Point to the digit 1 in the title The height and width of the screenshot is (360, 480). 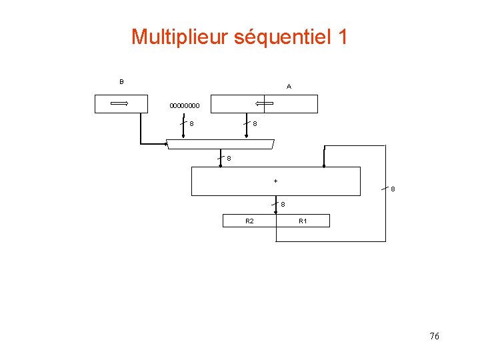coord(342,37)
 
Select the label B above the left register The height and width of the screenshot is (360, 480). coord(121,82)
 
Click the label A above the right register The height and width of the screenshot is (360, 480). coord(289,87)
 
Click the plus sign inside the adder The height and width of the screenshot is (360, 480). coord(275,180)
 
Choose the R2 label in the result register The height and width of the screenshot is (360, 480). coord(249,221)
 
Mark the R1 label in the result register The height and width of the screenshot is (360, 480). coord(303,221)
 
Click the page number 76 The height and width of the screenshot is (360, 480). coord(435,336)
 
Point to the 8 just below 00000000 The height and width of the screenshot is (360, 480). coord(191,123)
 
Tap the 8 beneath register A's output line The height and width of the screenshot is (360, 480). coord(255,123)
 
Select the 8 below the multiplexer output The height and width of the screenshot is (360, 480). coord(229,159)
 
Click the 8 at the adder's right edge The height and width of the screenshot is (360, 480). coord(393,189)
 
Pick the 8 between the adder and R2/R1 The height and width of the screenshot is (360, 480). coord(283,204)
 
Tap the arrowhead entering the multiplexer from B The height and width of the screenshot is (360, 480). coord(166,143)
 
